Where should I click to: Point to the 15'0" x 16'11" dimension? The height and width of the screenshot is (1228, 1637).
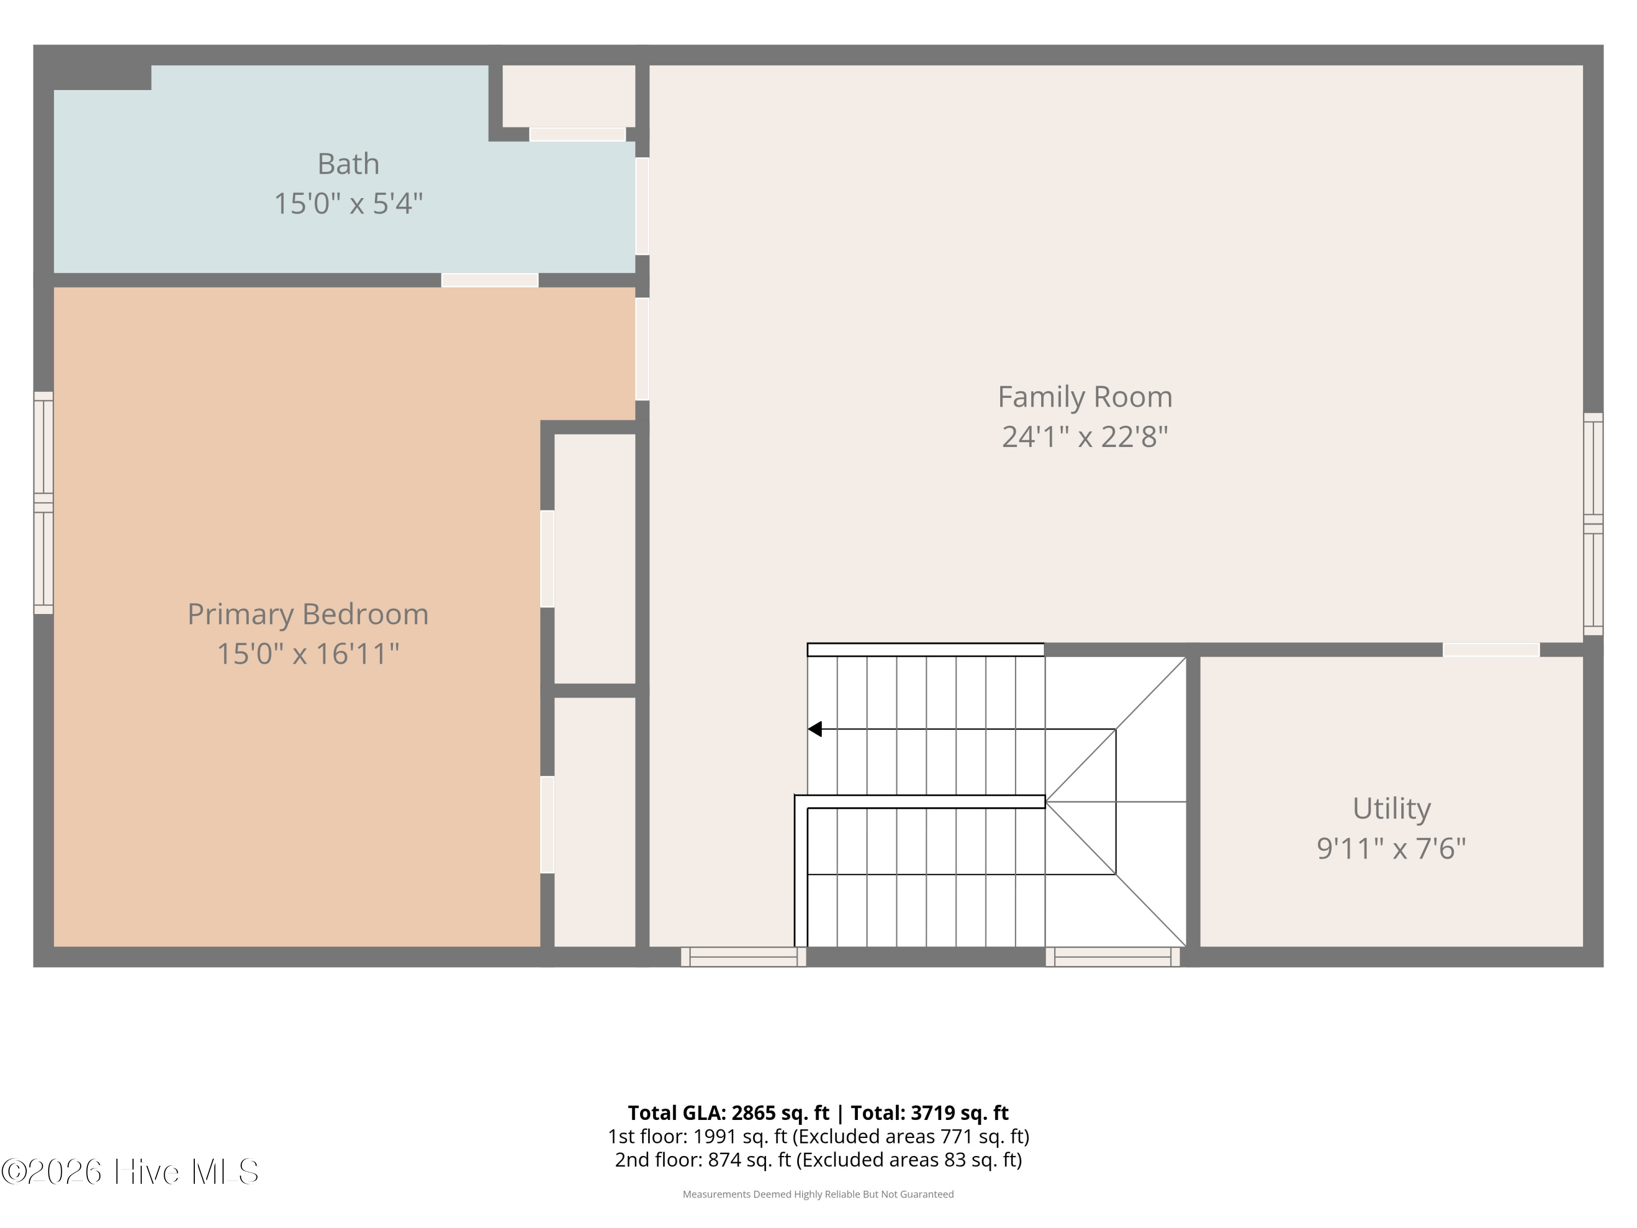tap(308, 654)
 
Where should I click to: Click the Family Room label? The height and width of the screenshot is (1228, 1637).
tap(1085, 397)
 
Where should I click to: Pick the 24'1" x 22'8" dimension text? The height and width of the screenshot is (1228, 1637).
tap(1085, 437)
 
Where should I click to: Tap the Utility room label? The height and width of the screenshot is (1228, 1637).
tap(1391, 809)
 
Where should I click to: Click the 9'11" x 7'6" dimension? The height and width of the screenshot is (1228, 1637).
tap(1391, 848)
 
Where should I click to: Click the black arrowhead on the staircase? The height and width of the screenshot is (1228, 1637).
tap(815, 729)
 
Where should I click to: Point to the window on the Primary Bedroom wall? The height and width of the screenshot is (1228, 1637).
tap(44, 503)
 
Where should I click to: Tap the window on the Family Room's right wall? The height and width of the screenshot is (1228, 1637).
tap(1593, 524)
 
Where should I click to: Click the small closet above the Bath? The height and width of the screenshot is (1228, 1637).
tap(569, 96)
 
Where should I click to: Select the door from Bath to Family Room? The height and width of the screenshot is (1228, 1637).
tap(642, 206)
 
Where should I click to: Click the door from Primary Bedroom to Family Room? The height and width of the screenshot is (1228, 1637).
tap(642, 349)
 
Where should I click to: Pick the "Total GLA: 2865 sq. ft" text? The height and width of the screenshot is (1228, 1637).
tap(729, 1112)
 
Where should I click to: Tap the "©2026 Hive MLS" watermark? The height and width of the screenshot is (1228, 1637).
tap(130, 1171)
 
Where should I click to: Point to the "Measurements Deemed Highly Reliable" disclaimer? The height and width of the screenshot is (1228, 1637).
tap(818, 1194)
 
